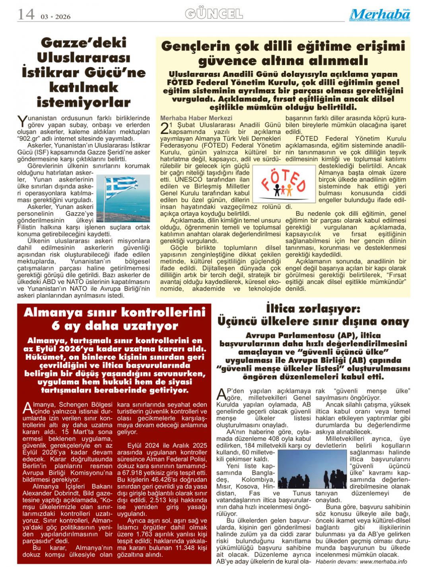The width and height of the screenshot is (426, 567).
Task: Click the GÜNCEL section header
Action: pos(214,14)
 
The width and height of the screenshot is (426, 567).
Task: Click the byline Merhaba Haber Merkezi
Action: pos(196,118)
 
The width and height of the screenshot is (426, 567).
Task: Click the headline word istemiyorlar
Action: pos(84,102)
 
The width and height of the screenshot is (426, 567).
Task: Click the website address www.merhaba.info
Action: pos(383,561)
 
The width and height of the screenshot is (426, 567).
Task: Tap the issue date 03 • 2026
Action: pos(55,17)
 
